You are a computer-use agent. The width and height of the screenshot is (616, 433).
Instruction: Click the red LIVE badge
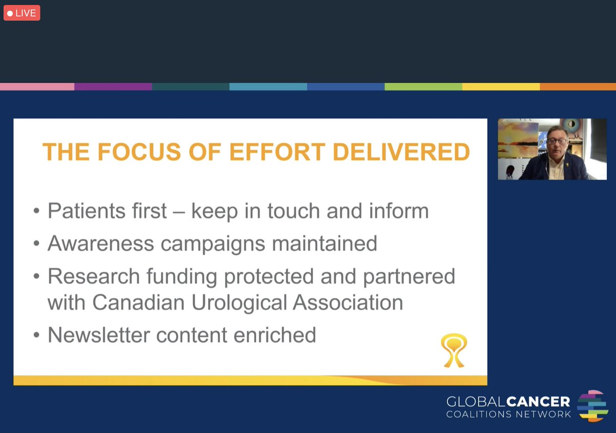pyautogui.click(x=22, y=13)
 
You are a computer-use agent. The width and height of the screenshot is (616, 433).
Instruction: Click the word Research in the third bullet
pyautogui.click(x=94, y=276)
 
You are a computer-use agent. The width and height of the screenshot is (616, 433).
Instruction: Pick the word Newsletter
pyautogui.click(x=98, y=335)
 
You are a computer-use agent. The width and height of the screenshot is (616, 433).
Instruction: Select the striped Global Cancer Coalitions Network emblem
pyautogui.click(x=592, y=405)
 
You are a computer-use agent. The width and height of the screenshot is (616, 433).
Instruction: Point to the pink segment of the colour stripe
pyautogui.click(x=37, y=87)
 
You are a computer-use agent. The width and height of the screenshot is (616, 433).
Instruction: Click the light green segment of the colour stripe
pyautogui.click(x=423, y=87)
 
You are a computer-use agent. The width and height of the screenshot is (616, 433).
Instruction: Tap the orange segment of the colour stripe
pyautogui.click(x=577, y=87)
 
